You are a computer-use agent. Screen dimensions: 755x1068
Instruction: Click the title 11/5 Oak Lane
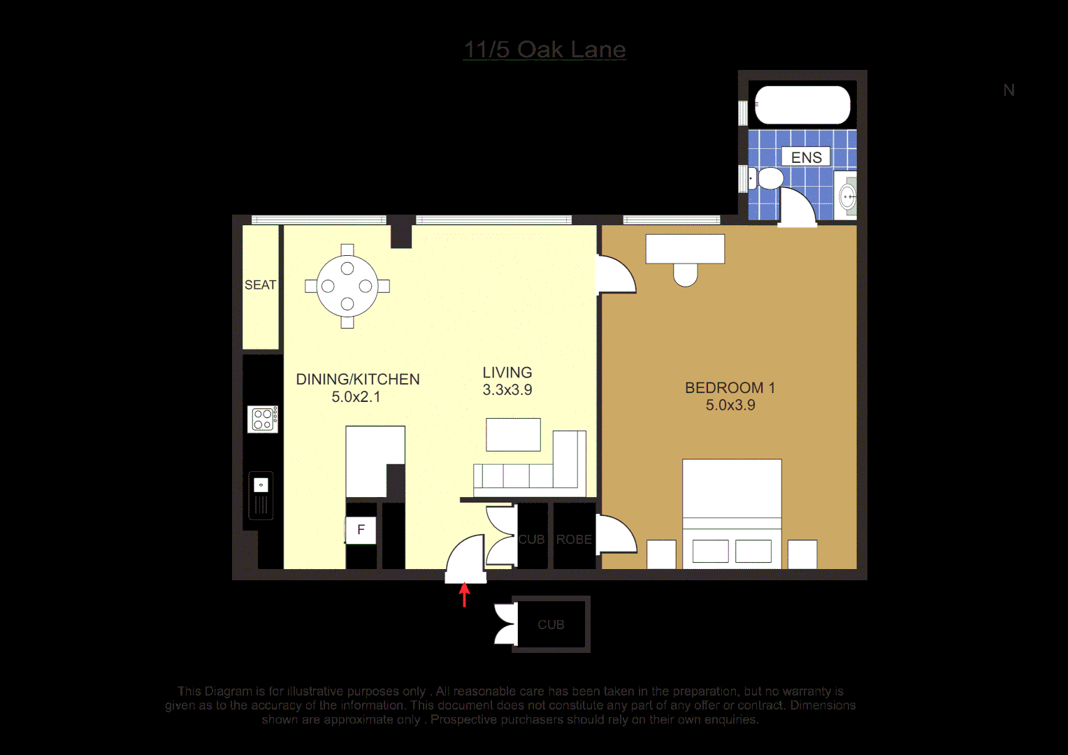click(x=544, y=50)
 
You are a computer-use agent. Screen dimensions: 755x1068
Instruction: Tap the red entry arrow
click(x=464, y=596)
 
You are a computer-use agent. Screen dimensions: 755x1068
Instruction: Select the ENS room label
click(x=806, y=157)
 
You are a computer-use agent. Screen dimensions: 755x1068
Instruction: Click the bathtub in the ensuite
click(x=802, y=105)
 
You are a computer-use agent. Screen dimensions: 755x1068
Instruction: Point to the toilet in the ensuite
click(x=768, y=178)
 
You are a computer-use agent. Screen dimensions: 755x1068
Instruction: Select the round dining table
click(x=347, y=286)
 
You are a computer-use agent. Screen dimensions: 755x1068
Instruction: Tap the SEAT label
click(x=260, y=285)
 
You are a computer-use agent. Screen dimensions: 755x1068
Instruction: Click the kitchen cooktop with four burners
click(x=263, y=419)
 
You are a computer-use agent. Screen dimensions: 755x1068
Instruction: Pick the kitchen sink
click(x=261, y=495)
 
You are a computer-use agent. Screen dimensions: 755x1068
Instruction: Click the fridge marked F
click(x=361, y=530)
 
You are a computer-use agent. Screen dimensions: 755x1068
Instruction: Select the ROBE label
click(x=574, y=540)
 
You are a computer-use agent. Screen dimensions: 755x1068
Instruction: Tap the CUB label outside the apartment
click(x=551, y=625)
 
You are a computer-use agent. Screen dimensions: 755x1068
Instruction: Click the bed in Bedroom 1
click(x=732, y=510)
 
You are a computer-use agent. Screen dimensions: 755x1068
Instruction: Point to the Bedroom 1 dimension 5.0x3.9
click(x=730, y=405)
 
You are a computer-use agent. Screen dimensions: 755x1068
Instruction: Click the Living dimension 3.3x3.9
click(x=507, y=390)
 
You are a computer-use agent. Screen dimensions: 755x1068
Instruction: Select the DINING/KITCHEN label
click(x=358, y=380)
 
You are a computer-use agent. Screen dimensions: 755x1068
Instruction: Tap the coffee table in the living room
click(x=513, y=434)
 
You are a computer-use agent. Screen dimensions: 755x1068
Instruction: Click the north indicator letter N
click(x=1009, y=90)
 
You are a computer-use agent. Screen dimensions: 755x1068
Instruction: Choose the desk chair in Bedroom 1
click(x=686, y=275)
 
